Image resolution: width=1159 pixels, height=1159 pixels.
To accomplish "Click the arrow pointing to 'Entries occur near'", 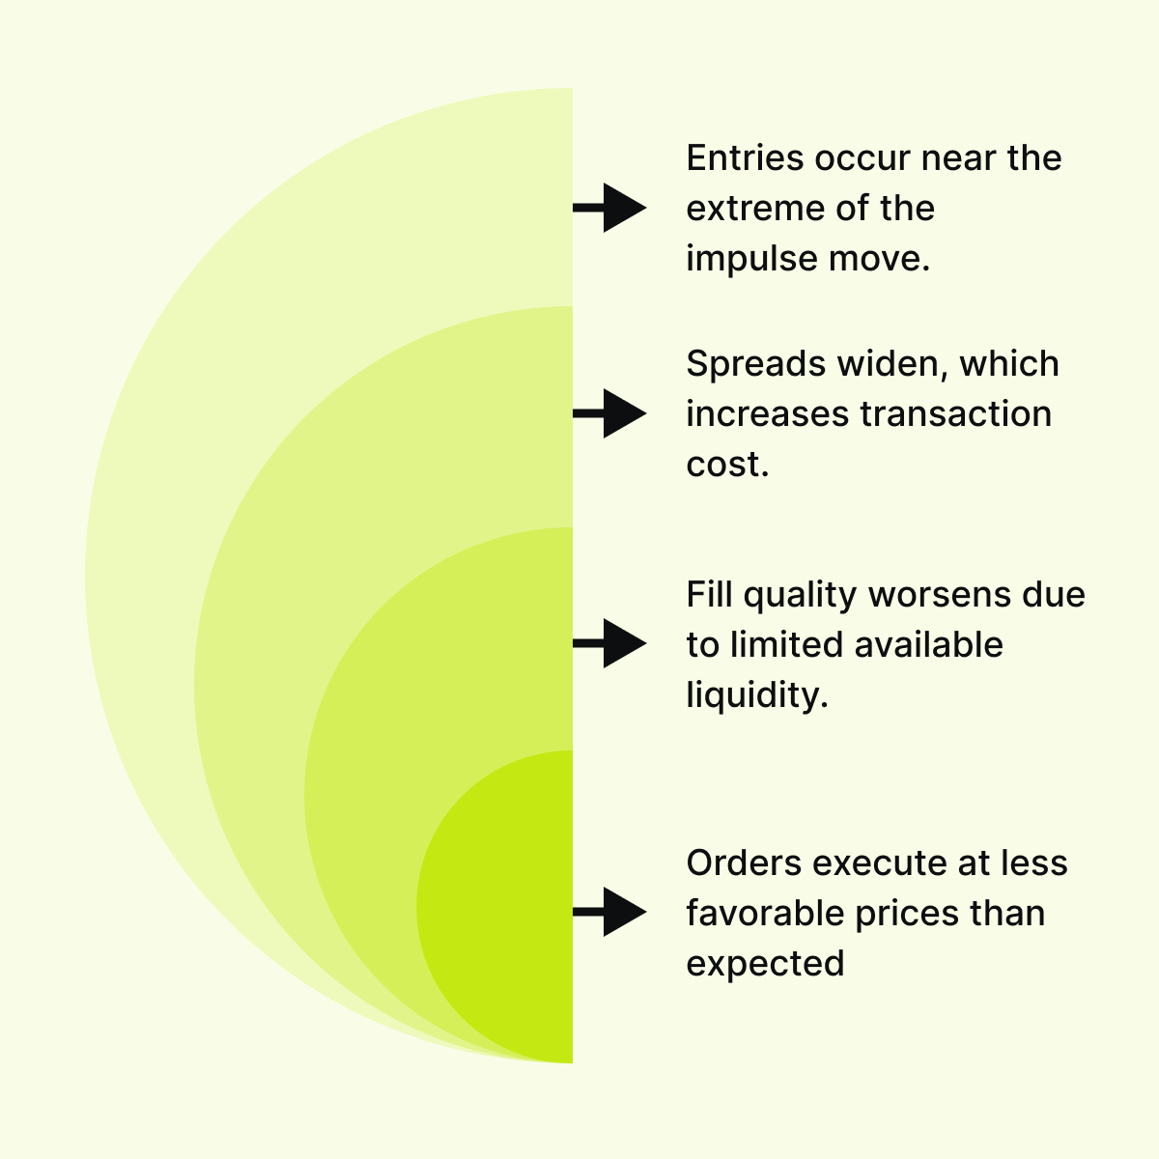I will click(x=611, y=208).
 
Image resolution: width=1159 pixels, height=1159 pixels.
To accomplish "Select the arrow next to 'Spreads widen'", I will click(x=611, y=413).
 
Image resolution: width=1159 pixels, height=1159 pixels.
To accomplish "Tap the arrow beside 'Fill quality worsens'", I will click(x=611, y=643).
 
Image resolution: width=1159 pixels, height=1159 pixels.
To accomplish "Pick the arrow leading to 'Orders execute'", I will click(x=611, y=911).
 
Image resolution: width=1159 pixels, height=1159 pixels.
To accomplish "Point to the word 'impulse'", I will click(x=740, y=259).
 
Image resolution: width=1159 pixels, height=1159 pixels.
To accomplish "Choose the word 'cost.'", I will click(x=727, y=465).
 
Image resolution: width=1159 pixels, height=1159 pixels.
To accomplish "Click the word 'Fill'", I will click(x=710, y=595).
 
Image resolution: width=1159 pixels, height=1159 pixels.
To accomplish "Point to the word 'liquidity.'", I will click(x=757, y=695).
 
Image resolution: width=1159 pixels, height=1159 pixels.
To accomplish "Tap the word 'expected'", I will click(x=765, y=964).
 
